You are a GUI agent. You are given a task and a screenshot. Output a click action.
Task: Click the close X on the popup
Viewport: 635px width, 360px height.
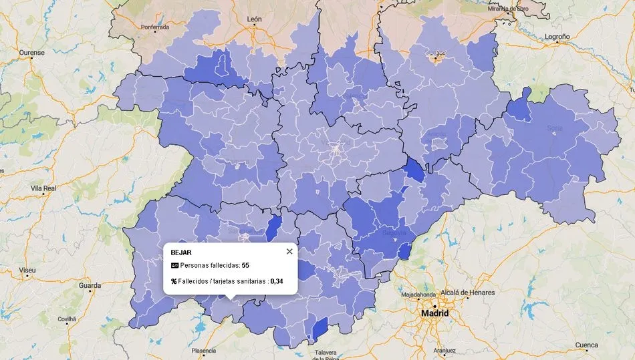coord(289,252)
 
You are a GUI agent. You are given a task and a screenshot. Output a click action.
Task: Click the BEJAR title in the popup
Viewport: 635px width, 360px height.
coord(181,252)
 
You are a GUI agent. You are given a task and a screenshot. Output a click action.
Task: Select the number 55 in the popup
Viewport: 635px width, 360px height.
coord(245,266)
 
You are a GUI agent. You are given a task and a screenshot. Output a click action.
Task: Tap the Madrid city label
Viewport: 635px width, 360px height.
coord(434,313)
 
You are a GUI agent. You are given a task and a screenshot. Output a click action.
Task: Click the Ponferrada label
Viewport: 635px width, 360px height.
coord(155,27)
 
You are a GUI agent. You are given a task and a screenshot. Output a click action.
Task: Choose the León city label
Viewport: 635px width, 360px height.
coord(254,19)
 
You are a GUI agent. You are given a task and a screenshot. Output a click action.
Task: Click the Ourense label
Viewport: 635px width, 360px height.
coord(31,52)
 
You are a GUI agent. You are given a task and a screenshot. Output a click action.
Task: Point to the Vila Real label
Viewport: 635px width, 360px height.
coord(43,189)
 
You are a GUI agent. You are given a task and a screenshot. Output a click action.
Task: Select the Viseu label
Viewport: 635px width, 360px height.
coord(27,271)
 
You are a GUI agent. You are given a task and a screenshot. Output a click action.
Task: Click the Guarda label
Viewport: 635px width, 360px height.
coord(90,286)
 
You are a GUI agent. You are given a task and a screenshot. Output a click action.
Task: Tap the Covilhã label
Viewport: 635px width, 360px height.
coord(67,319)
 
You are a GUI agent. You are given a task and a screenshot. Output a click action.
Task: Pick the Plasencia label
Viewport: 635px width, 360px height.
coord(203,350)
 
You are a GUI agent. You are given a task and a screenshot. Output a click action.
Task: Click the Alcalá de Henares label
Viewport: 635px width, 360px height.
coord(467,293)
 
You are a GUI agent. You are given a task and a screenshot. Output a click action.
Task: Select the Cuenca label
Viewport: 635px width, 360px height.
coord(586,345)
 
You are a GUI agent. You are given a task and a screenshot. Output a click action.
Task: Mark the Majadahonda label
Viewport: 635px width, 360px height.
coord(419,295)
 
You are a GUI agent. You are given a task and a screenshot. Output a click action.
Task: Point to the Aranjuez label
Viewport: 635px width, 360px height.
coord(444,350)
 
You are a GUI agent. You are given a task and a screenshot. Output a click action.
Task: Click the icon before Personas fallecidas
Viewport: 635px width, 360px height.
coord(174,266)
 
